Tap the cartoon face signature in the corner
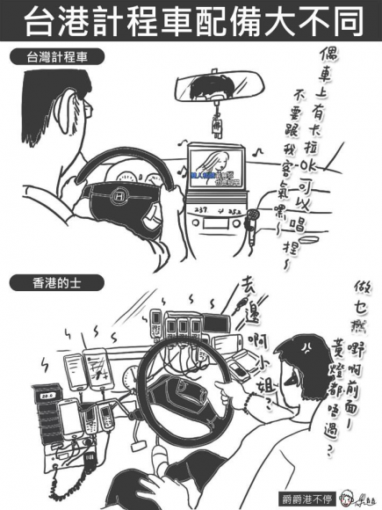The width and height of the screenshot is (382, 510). coord(361,493)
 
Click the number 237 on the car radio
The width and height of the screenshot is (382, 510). coord(200,210)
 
